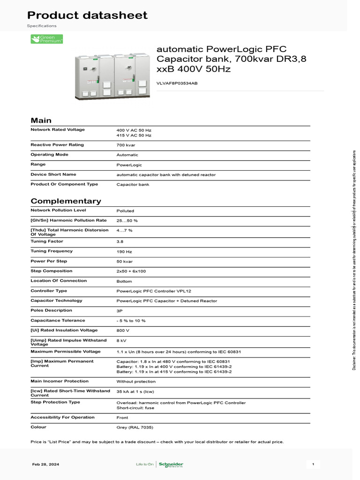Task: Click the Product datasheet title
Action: pos(87,15)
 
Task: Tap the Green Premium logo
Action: pos(47,39)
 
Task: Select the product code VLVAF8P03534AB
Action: pos(177,83)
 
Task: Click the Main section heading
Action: pos(41,120)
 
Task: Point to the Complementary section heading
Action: pos(66,201)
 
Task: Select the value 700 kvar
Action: pos(126,145)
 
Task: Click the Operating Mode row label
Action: pos(49,154)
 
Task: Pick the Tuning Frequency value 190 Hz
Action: pos(124,252)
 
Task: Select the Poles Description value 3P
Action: pos(120,311)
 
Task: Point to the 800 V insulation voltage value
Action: pos(123,331)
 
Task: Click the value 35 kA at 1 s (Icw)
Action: pos(136,391)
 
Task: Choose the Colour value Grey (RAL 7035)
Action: pos(135,427)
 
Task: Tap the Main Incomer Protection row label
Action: pos(60,381)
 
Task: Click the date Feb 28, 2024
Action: pos(45,465)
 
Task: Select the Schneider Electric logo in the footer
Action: pos(171,465)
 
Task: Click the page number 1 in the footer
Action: pos(313,465)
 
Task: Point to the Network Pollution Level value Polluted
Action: pos(125,211)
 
